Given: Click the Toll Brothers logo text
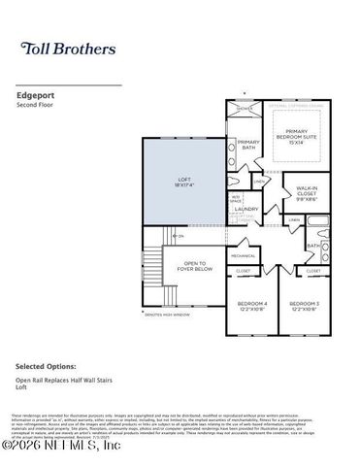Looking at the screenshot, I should (67, 48).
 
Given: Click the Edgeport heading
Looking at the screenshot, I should (35, 96).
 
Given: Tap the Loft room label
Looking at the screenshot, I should (184, 181).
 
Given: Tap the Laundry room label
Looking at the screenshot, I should (245, 209).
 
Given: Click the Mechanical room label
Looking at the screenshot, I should (243, 256).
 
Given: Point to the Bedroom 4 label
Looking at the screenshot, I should (251, 307).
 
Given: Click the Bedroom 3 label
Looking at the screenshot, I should (304, 307).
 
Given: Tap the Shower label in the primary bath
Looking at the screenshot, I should (245, 109).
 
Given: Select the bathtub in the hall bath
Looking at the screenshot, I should (319, 232).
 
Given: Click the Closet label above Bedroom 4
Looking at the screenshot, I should (244, 270).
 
